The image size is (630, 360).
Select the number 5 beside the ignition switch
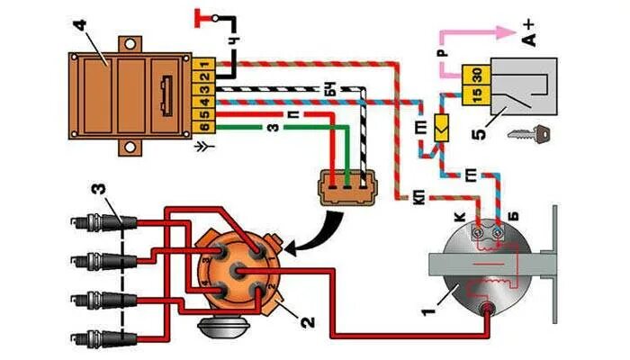(x=482, y=135)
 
